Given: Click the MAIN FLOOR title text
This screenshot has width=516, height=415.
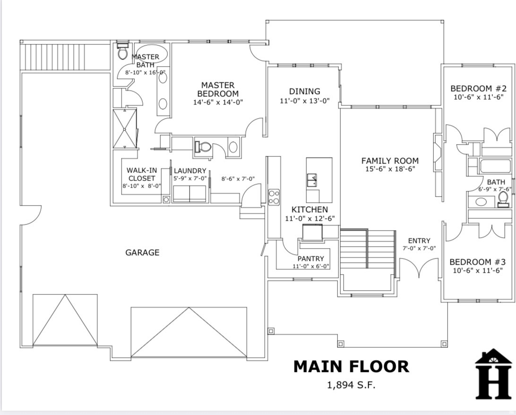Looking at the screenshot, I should click(351, 366).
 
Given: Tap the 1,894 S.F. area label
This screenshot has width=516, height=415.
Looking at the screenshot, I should click(351, 385).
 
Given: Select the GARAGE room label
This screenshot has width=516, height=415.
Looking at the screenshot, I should click(142, 252).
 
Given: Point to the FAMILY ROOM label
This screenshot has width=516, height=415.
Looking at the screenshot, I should click(390, 161).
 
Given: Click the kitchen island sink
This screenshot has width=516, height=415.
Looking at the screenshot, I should click(312, 180).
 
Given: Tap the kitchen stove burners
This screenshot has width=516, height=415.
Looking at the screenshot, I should click(274, 197).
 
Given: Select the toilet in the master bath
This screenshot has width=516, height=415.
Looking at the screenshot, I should click(122, 52).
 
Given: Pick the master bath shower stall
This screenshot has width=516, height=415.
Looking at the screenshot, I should click(125, 128).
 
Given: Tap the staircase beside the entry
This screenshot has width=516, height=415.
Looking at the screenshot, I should click(368, 249).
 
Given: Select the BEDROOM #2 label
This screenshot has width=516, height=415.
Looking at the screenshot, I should click(478, 88).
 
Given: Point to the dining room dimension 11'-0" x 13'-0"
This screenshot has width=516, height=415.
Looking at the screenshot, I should click(304, 101).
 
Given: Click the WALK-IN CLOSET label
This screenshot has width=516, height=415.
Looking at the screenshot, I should click(141, 174).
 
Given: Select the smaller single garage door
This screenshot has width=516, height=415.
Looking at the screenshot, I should click(65, 320).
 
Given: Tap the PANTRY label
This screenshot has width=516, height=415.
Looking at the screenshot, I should click(310, 259).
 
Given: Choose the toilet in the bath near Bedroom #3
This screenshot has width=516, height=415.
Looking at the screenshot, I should click(503, 199).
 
